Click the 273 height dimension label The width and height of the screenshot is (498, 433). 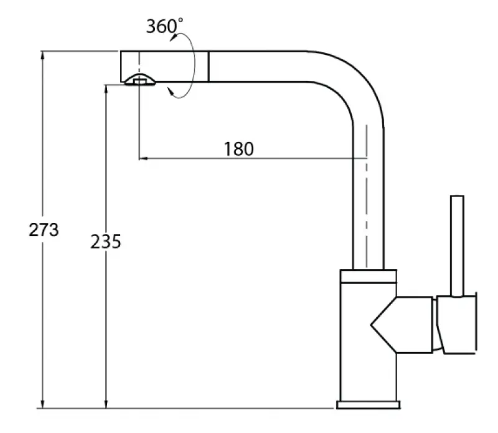44,230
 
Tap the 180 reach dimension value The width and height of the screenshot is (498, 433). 238,150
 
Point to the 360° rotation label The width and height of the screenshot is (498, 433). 164,27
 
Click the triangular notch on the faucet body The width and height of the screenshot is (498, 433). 383,324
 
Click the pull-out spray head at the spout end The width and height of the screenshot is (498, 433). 163,66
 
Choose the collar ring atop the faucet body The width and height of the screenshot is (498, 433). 367,275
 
